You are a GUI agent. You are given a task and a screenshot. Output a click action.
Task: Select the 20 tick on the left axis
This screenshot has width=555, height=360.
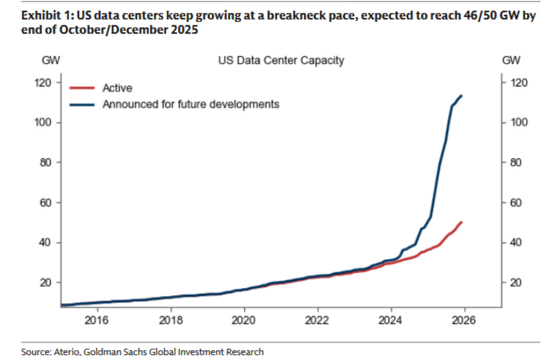point(48,283)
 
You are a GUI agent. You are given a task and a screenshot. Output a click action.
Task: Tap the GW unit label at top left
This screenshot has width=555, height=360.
point(49,61)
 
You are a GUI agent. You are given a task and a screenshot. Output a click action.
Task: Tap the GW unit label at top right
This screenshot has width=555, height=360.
point(512,61)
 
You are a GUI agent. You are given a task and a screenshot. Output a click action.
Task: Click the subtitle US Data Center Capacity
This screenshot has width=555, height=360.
point(281,61)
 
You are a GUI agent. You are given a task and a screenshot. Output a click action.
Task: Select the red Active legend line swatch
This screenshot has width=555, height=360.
point(82,88)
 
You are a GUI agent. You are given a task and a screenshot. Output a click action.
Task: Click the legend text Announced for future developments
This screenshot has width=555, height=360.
point(191,105)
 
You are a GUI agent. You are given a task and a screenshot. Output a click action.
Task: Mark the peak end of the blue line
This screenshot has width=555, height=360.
point(461,96)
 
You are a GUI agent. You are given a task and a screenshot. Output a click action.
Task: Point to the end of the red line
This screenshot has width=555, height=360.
point(461,222)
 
